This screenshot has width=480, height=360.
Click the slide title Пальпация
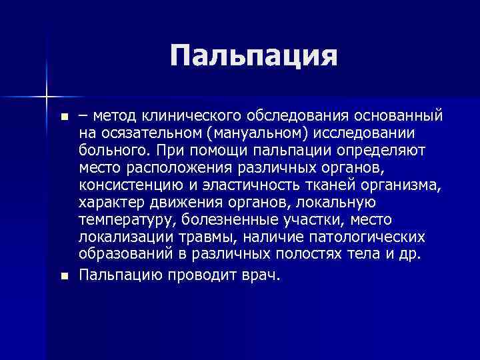point(253,56)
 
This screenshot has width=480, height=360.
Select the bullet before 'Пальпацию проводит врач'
point(63,276)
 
